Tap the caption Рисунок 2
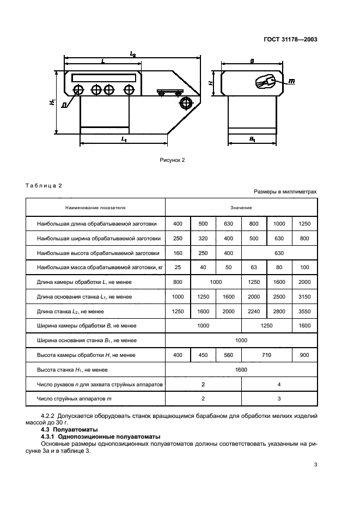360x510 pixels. (173, 160)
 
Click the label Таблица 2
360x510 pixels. (44, 185)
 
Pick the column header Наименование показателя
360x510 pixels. (95, 208)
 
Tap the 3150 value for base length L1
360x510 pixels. (304, 296)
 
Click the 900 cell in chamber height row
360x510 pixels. (304, 355)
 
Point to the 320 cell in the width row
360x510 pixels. (203, 238)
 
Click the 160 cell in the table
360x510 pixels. (178, 253)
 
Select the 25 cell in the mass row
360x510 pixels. (178, 268)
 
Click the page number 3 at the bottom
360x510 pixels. (315, 465)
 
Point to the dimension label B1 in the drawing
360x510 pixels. (253, 139)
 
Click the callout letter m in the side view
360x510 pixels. (291, 81)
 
